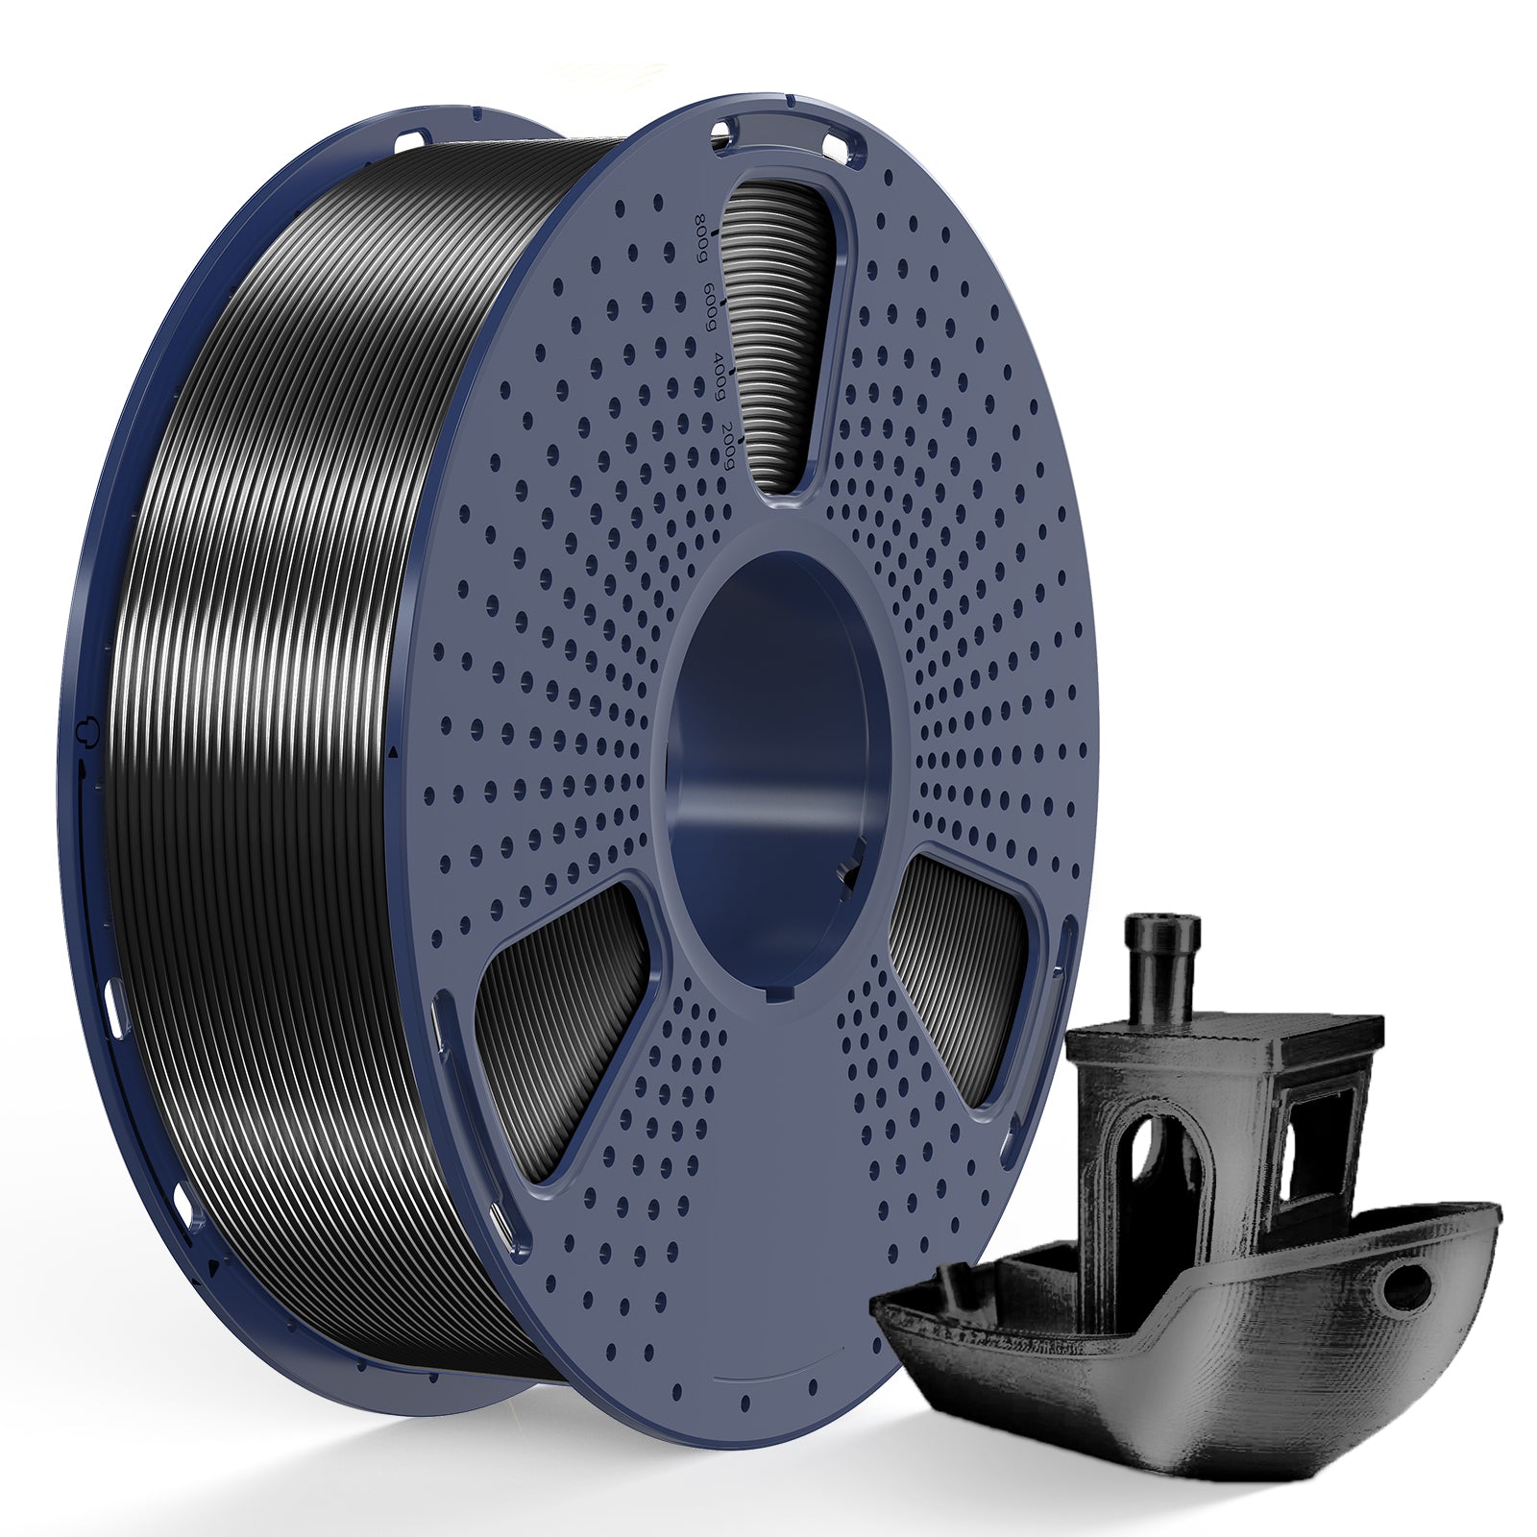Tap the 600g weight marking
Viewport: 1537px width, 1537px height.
[711, 305]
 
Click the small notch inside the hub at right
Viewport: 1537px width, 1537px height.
[850, 869]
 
